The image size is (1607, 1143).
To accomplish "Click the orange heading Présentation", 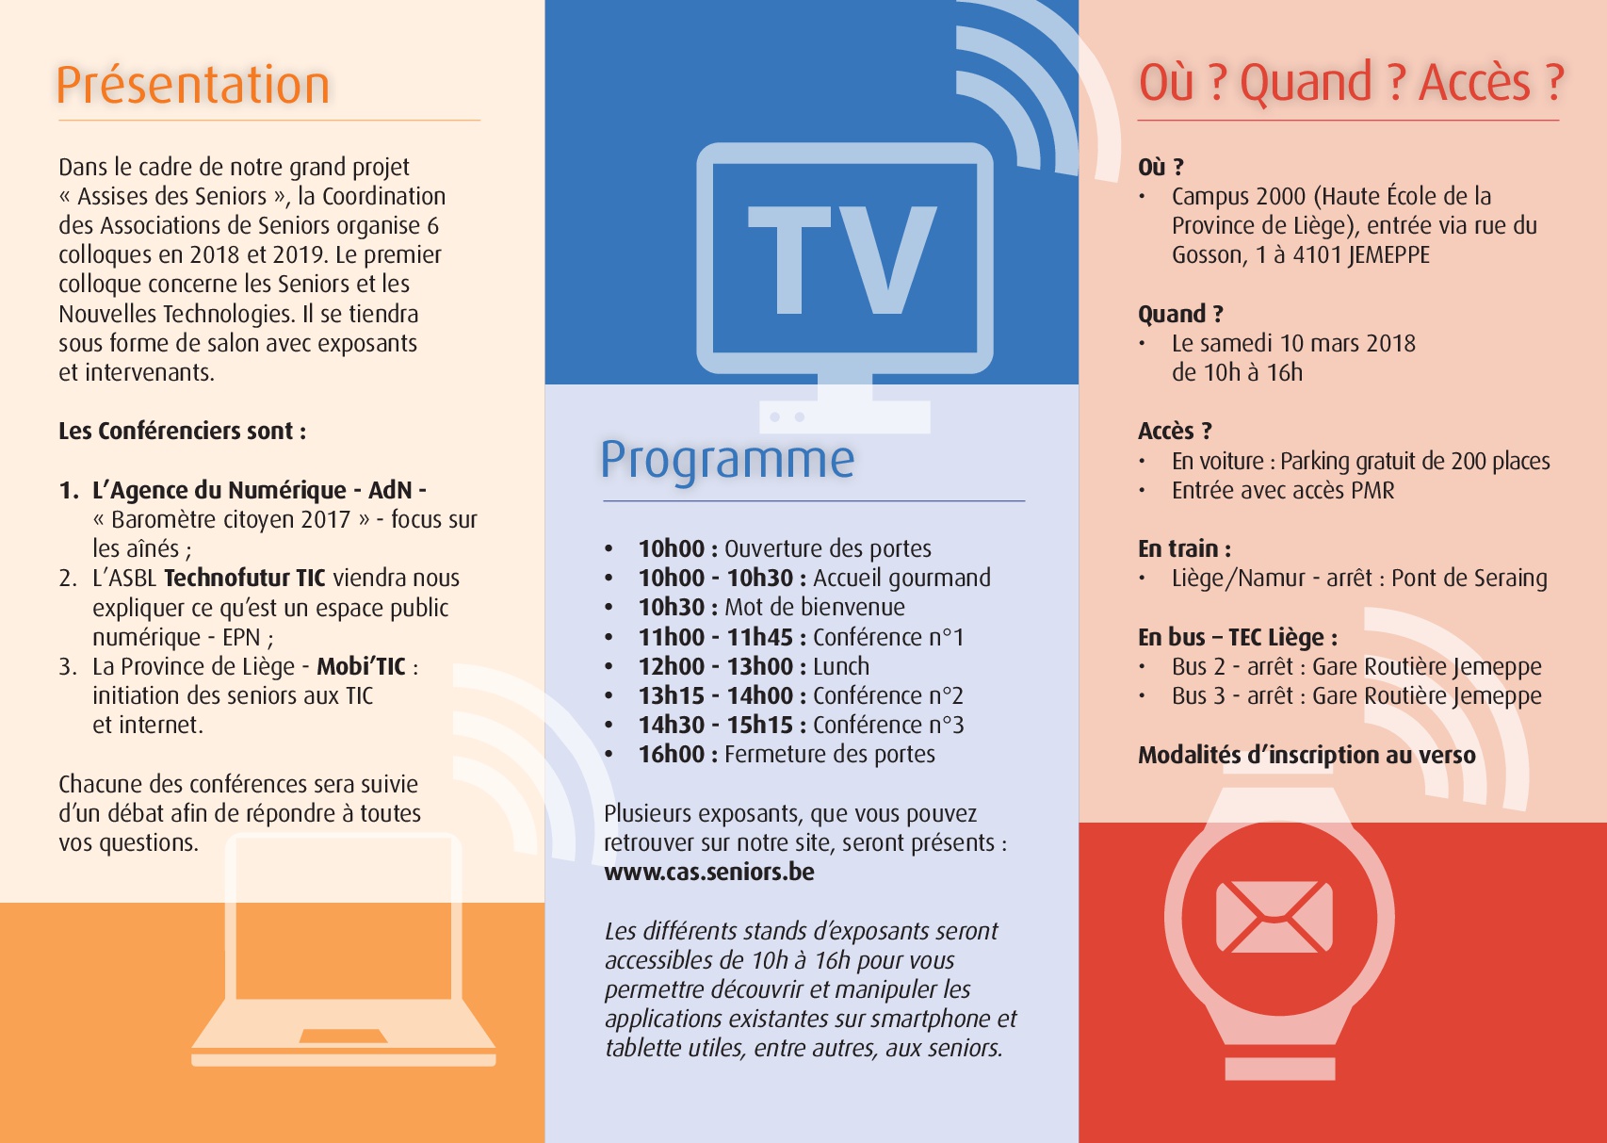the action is click(x=192, y=85).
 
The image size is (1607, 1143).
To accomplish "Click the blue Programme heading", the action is click(x=727, y=461).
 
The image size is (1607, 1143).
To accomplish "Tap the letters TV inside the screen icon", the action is click(x=841, y=260).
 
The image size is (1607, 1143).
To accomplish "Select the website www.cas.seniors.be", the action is click(x=708, y=872).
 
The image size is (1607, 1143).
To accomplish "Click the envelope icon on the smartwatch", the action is click(x=1274, y=916).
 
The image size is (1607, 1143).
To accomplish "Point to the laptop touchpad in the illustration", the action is click(x=343, y=1037).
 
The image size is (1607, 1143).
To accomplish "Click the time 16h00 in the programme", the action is click(x=672, y=754).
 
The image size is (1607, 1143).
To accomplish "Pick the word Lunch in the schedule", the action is click(x=841, y=666).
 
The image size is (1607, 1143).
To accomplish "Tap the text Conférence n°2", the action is click(x=887, y=695).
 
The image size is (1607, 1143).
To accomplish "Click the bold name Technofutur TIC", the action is click(x=245, y=578).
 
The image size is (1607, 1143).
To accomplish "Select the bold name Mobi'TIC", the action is click(x=361, y=666).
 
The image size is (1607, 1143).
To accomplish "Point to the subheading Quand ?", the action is click(x=1180, y=314).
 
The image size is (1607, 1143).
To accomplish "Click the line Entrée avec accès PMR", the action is click(x=1283, y=490).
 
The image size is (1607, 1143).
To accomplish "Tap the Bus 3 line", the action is click(x=1355, y=696).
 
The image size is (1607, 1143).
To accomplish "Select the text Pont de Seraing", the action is click(x=1469, y=579).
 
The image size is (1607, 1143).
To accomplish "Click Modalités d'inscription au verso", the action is click(x=1307, y=755).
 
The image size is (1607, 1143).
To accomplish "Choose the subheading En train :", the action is click(x=1184, y=549).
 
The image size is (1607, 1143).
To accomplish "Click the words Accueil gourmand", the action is click(x=901, y=579).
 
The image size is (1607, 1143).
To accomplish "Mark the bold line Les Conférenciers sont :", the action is click(x=182, y=432).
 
